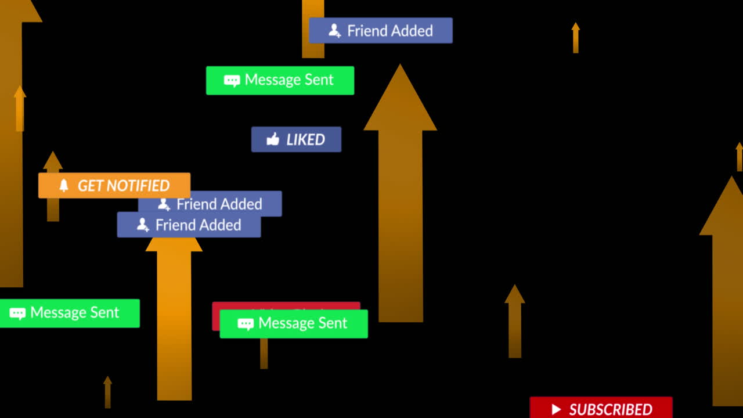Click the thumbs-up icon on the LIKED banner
273,139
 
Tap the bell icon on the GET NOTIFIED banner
64,185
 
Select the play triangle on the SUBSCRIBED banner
556,409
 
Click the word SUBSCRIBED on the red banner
611,409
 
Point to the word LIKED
305,139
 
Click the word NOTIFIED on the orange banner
138,186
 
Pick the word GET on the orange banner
90,186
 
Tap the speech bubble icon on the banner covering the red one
246,324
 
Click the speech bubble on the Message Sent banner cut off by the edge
17,313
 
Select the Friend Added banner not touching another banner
380,30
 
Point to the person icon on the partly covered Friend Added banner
164,204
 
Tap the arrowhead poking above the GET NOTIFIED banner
53,161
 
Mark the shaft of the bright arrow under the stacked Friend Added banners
174,325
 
